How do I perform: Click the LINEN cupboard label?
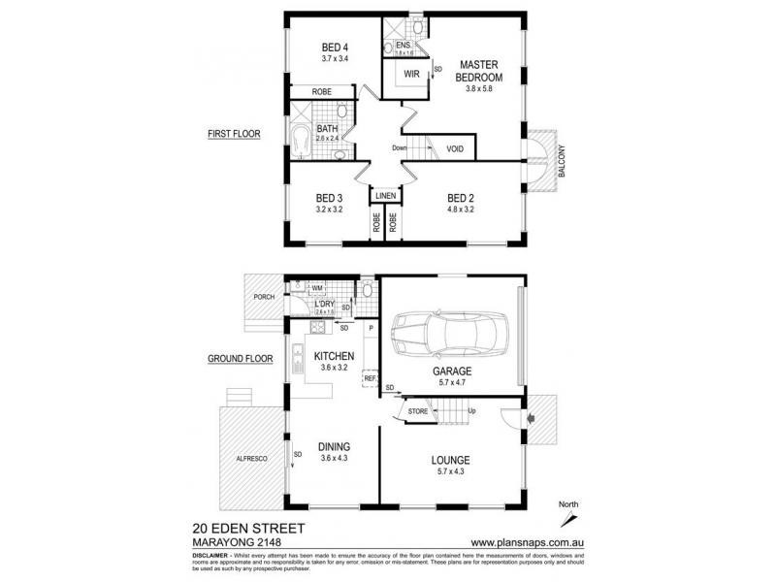(x=386, y=196)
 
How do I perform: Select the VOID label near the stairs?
(x=455, y=148)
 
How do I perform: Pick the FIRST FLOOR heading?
(x=233, y=134)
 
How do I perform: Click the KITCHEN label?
(x=333, y=356)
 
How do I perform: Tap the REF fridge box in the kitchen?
(x=370, y=377)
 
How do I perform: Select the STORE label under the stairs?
(x=419, y=411)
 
